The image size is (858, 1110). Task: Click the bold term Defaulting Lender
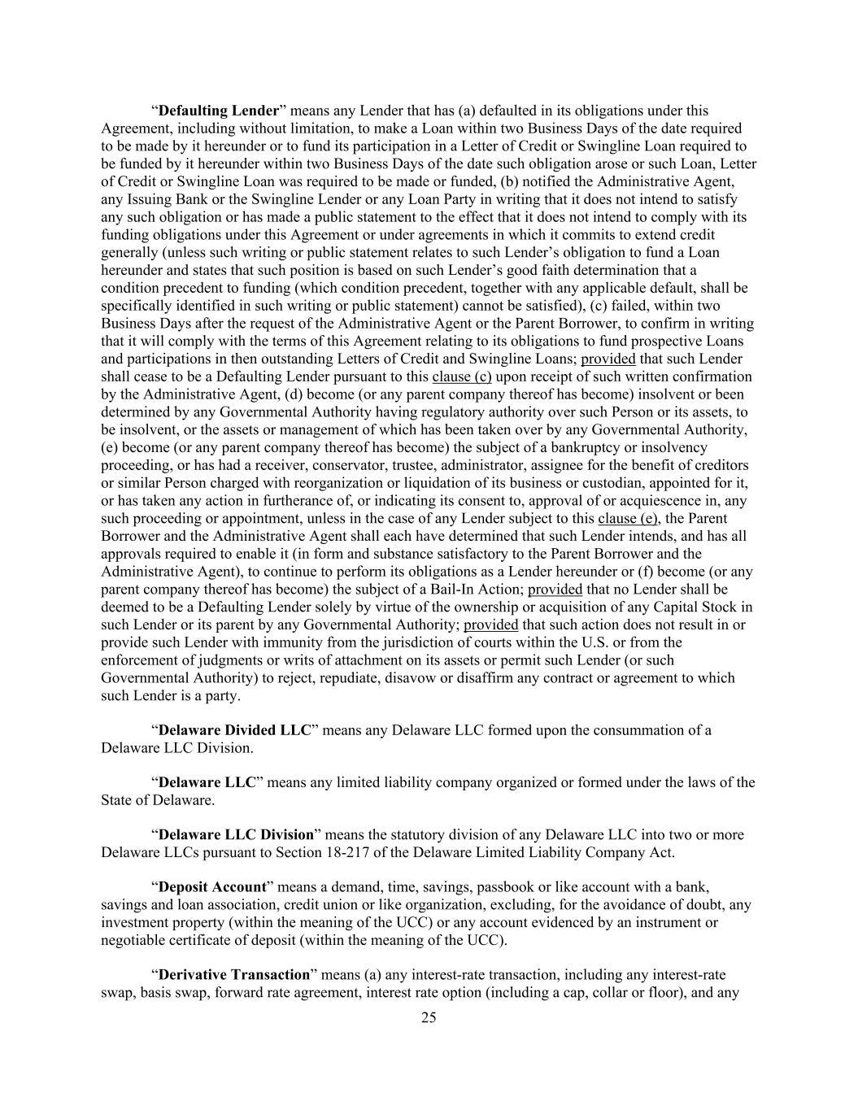218,111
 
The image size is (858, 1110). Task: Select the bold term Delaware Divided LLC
234,730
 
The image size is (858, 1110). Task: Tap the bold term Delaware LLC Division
236,835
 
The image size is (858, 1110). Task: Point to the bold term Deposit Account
212,887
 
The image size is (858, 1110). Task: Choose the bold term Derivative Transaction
234,975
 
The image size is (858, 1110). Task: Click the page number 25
429,1017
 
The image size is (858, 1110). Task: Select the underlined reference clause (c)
462,377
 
